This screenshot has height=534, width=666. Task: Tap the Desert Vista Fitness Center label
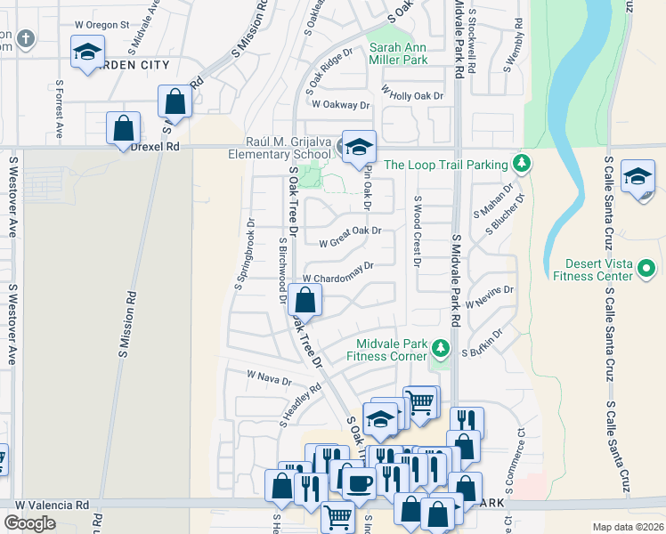pyautogui.click(x=597, y=270)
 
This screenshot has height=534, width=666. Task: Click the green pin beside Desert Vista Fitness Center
pyautogui.click(x=648, y=265)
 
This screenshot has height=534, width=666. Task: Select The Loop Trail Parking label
pyautogui.click(x=445, y=164)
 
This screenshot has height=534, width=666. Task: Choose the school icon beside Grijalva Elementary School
pyautogui.click(x=359, y=147)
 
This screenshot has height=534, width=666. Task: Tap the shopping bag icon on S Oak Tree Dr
pyautogui.click(x=305, y=300)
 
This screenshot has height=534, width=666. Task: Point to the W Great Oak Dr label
pyautogui.click(x=350, y=236)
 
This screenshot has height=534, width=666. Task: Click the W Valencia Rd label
pyautogui.click(x=52, y=505)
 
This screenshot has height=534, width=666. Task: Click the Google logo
pyautogui.click(x=30, y=522)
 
